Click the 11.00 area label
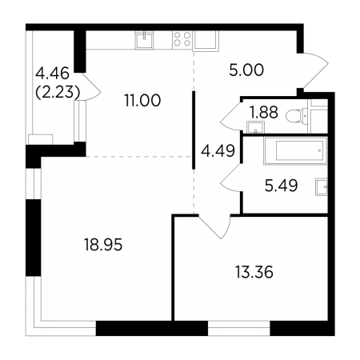click(x=142, y=101)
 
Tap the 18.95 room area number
click(x=103, y=245)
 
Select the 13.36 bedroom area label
click(x=254, y=273)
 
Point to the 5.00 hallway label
click(x=246, y=70)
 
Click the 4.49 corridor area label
click(x=218, y=151)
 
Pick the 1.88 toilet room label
click(x=264, y=112)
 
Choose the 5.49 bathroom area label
click(x=282, y=186)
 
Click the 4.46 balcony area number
click(x=52, y=74)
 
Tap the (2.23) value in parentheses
click(x=58, y=93)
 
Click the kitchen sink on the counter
click(x=144, y=40)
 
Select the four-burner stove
click(x=182, y=40)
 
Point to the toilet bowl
click(x=297, y=116)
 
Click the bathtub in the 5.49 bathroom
click(x=295, y=150)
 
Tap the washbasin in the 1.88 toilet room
click(x=255, y=127)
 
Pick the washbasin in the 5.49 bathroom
click(x=322, y=187)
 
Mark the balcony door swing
click(x=90, y=86)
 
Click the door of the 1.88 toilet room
click(x=231, y=117)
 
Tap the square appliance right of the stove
click(x=206, y=41)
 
